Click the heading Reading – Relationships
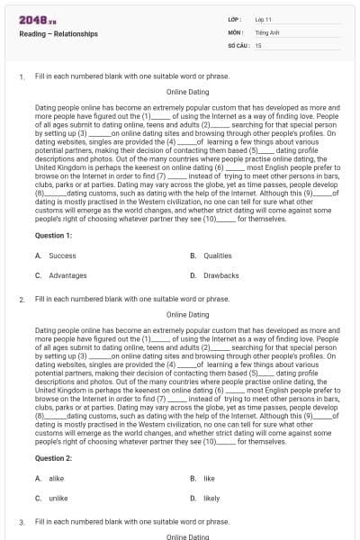[58, 34]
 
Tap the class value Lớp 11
[264, 19]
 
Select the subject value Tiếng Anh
[265, 31]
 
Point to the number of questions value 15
[258, 44]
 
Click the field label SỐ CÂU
[237, 44]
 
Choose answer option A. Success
[56, 256]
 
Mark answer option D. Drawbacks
[214, 275]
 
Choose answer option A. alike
[50, 478]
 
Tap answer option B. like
[202, 478]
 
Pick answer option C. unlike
[52, 498]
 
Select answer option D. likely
[205, 498]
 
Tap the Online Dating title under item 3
[188, 536]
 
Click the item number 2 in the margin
[22, 298]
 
